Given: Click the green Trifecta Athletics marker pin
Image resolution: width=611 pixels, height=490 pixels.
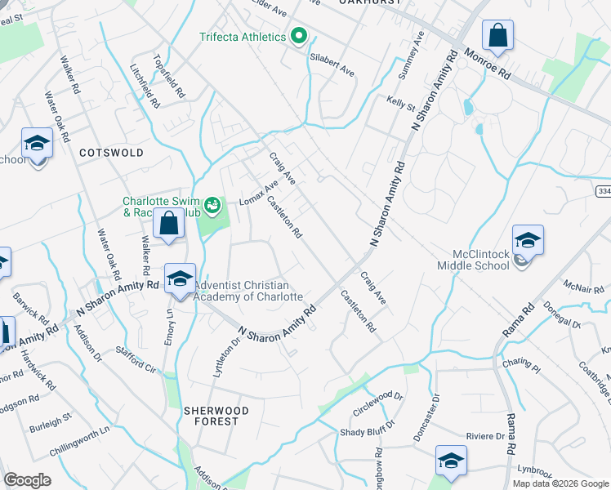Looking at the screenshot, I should coord(299,37).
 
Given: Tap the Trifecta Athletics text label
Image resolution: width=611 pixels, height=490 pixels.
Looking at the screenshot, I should coord(243,37).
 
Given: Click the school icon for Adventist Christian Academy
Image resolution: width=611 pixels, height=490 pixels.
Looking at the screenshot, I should coord(180,280).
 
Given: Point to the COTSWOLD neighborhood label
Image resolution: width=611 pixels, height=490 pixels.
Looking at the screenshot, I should coord(111,153).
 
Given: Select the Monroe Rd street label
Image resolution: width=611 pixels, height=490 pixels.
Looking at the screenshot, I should coord(488,63).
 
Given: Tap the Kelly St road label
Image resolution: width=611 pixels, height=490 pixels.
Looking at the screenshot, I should coord(401,105).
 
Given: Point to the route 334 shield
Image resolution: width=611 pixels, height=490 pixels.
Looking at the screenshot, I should coord(603,191).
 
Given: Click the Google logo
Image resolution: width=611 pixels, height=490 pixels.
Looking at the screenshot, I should coord(27,480).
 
